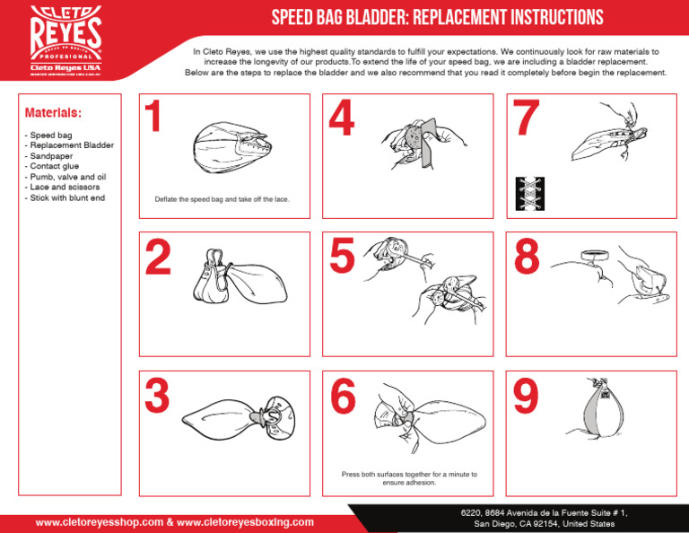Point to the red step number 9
point(526,397)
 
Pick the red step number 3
point(157,397)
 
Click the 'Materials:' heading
point(53,114)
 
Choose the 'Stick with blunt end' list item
point(67,197)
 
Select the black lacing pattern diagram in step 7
point(529,194)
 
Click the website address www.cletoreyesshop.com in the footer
point(99,521)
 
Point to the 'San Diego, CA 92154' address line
point(545,523)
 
